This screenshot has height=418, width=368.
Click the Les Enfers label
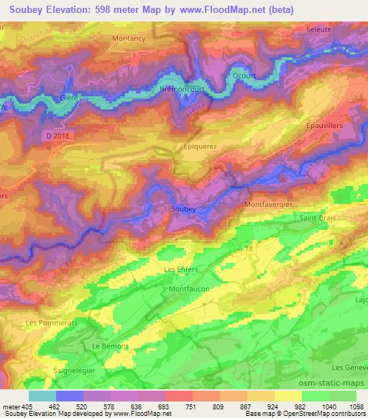click(x=180, y=269)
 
